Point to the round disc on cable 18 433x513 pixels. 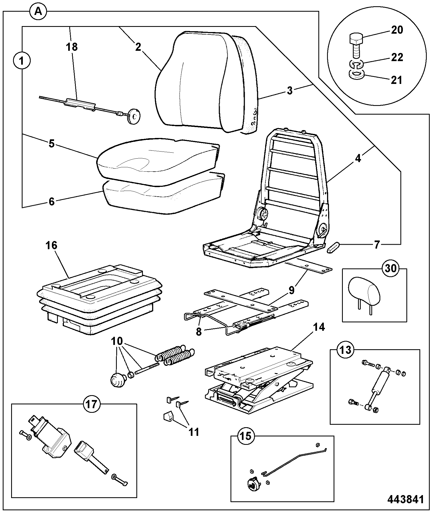134,114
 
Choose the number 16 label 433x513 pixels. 52,246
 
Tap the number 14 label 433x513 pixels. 319,328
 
